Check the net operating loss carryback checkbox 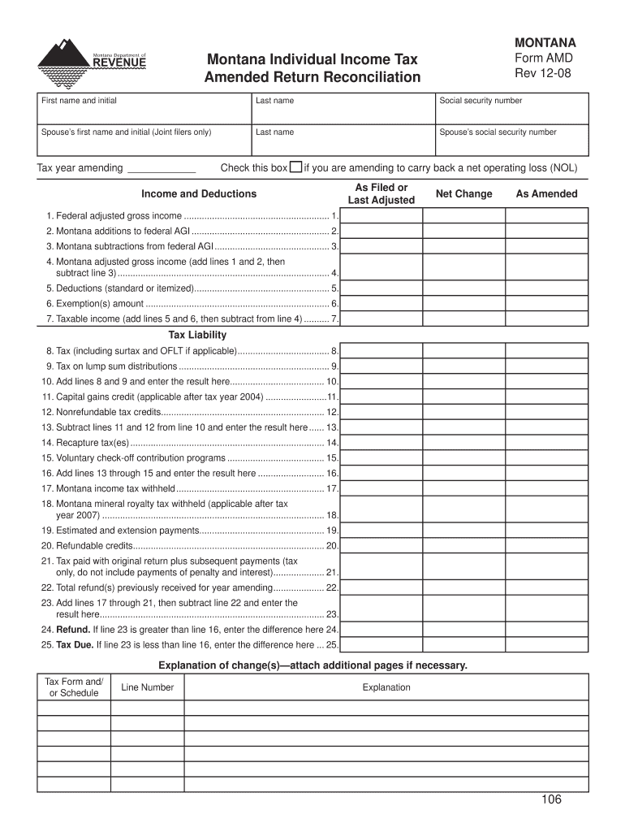point(296,167)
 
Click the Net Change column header point(463,194)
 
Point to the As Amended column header point(546,194)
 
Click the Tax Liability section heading point(197,335)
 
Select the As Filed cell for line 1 point(381,216)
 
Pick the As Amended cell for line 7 point(546,318)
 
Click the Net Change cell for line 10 point(463,381)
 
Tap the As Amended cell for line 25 point(546,645)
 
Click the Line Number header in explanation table point(147,687)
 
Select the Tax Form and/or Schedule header point(74,687)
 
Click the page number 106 point(552,799)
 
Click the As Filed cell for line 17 point(381,488)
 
